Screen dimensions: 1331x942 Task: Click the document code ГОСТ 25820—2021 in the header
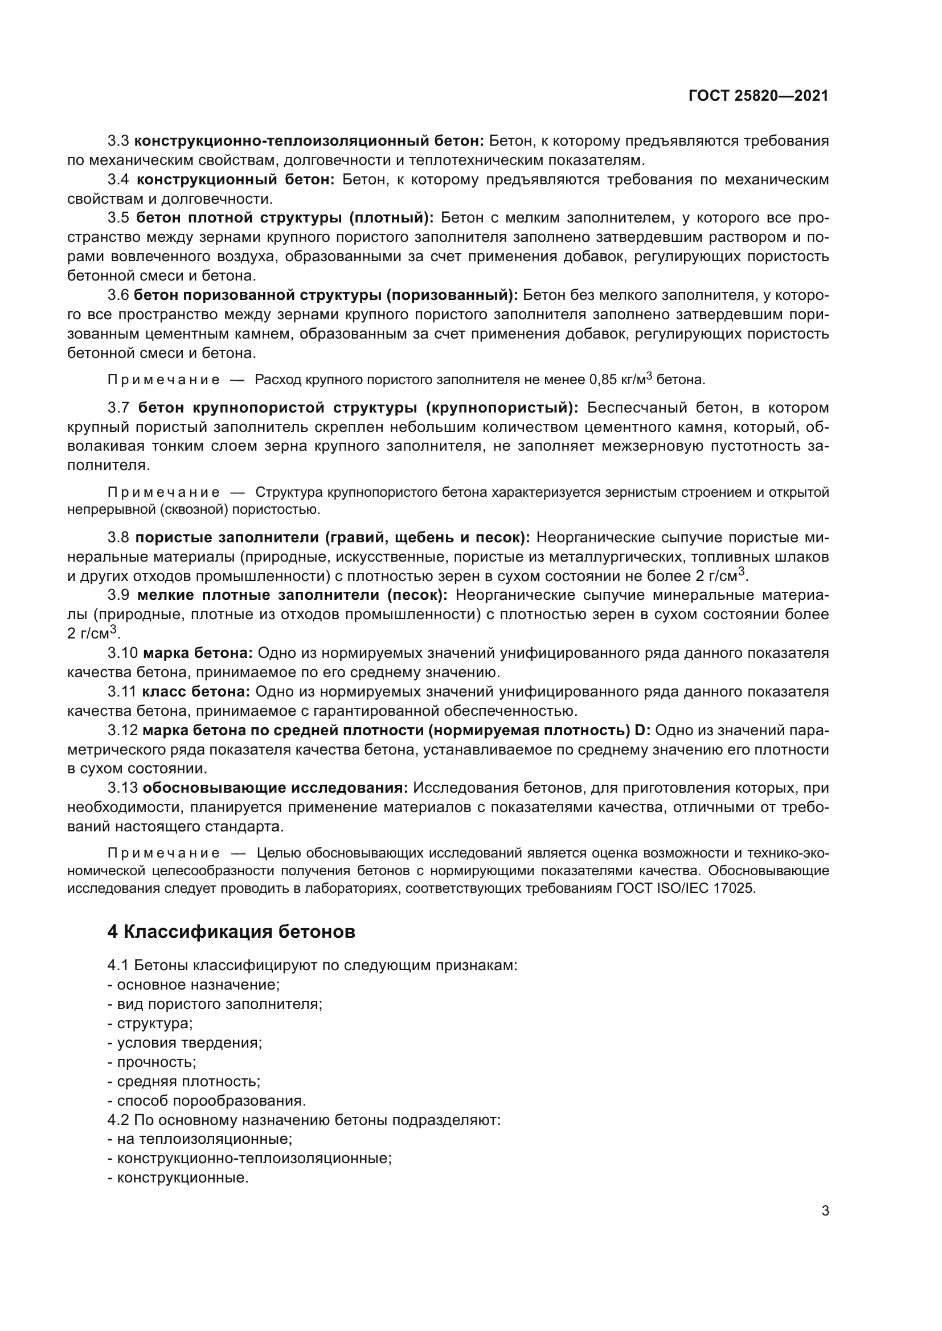click(758, 96)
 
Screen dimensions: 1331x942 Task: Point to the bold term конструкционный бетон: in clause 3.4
click(236, 180)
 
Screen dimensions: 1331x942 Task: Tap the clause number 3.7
click(120, 407)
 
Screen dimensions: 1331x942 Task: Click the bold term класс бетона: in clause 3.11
click(196, 691)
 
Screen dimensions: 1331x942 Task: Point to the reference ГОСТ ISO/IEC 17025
click(686, 888)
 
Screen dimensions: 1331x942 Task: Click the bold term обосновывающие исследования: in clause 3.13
click(275, 788)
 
